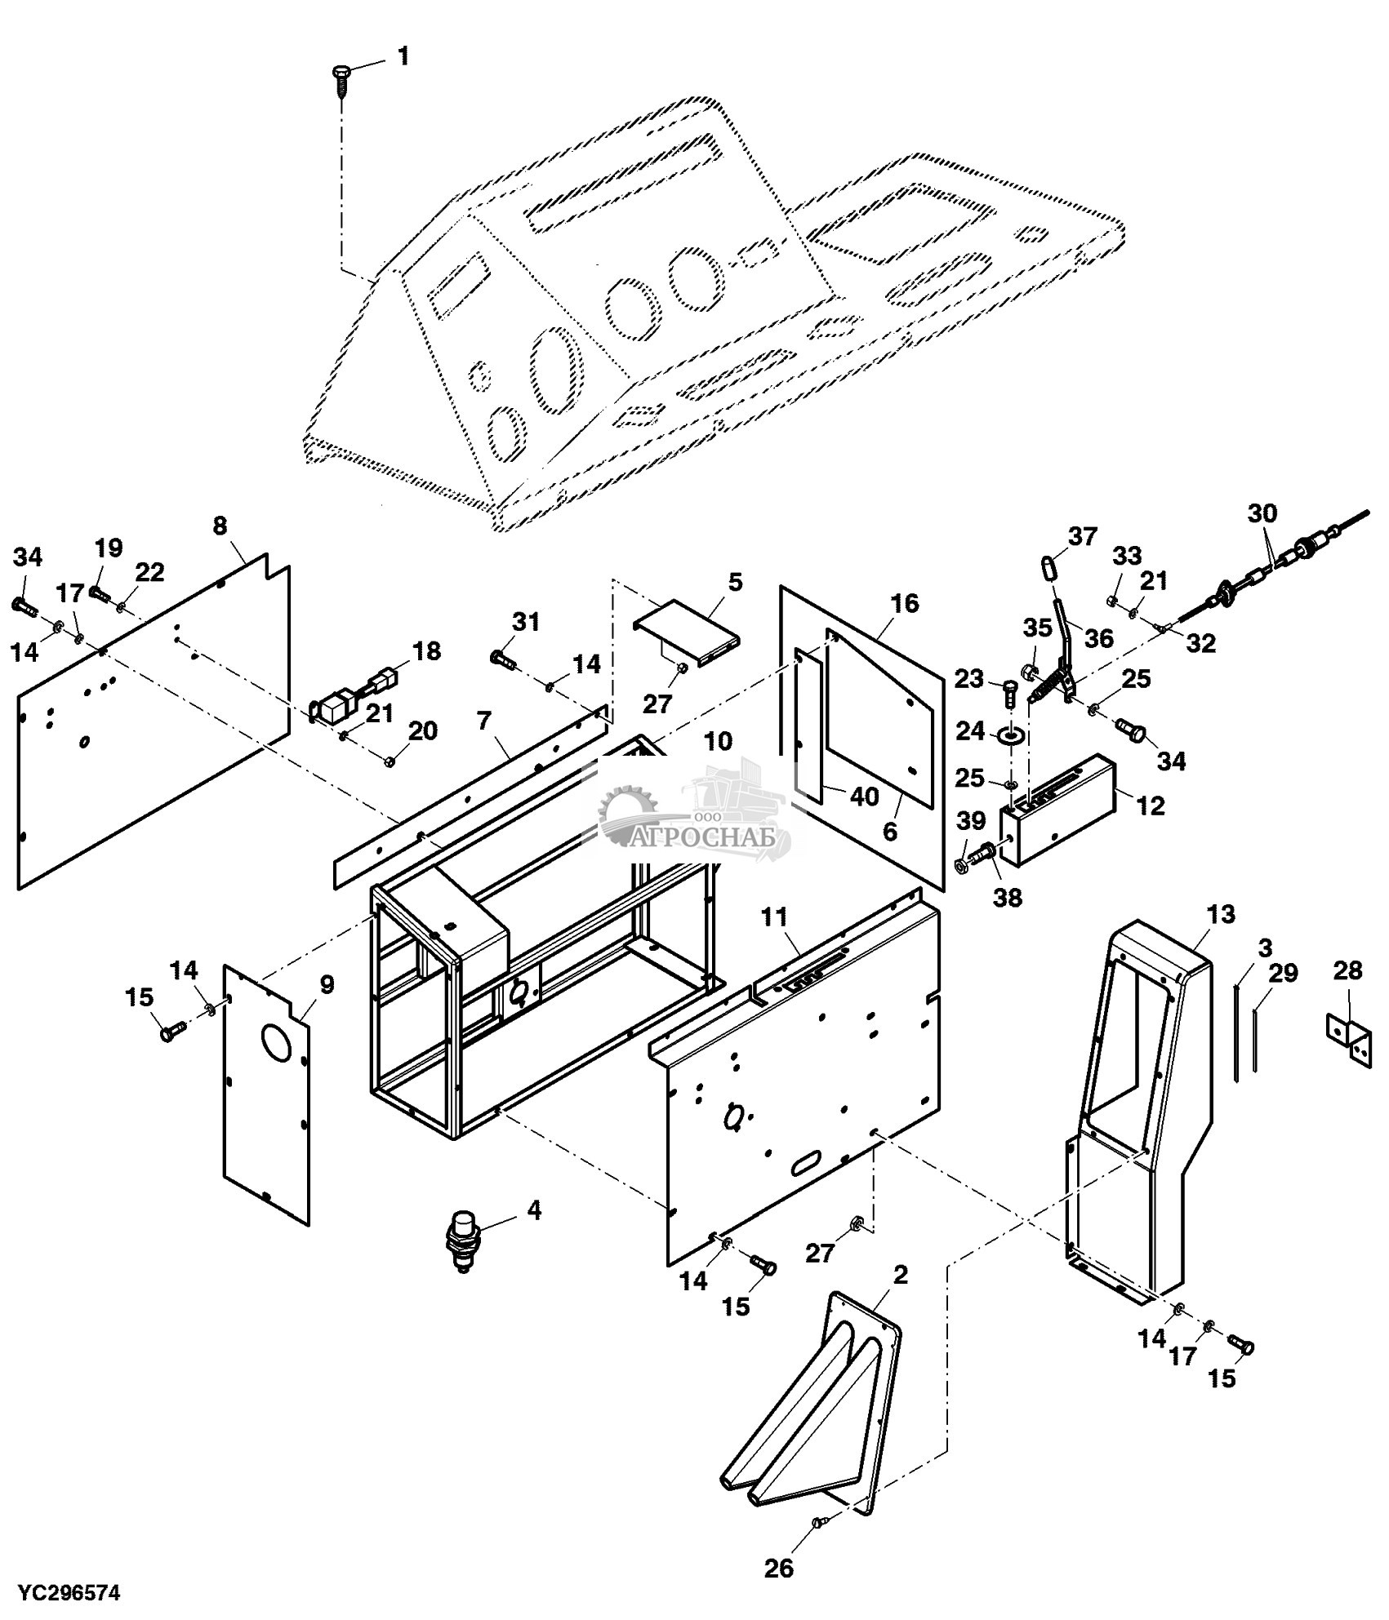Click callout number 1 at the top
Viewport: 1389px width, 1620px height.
tap(403, 56)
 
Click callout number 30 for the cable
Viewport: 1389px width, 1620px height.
tap(1262, 513)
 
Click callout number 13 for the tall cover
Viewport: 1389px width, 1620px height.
tap(1221, 913)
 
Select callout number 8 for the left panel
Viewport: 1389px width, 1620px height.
tap(220, 526)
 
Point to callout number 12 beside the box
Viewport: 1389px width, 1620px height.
tap(1150, 805)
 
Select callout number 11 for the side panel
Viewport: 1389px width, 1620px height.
tap(774, 919)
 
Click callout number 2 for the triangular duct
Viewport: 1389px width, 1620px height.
tap(901, 1275)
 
